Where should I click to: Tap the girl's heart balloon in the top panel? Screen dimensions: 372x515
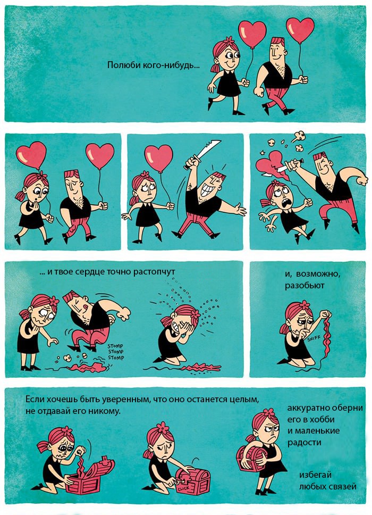(252, 34)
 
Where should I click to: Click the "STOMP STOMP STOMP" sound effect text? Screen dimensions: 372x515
(116, 352)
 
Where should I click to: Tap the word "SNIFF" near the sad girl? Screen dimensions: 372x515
(314, 338)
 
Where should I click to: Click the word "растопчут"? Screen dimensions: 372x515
(154, 272)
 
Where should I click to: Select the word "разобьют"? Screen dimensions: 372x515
(305, 285)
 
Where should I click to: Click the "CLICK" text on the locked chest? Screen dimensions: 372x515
(183, 489)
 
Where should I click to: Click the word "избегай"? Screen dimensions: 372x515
(311, 475)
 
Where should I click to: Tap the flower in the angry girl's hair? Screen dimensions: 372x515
(268, 412)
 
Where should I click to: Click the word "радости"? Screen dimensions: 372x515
(304, 443)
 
